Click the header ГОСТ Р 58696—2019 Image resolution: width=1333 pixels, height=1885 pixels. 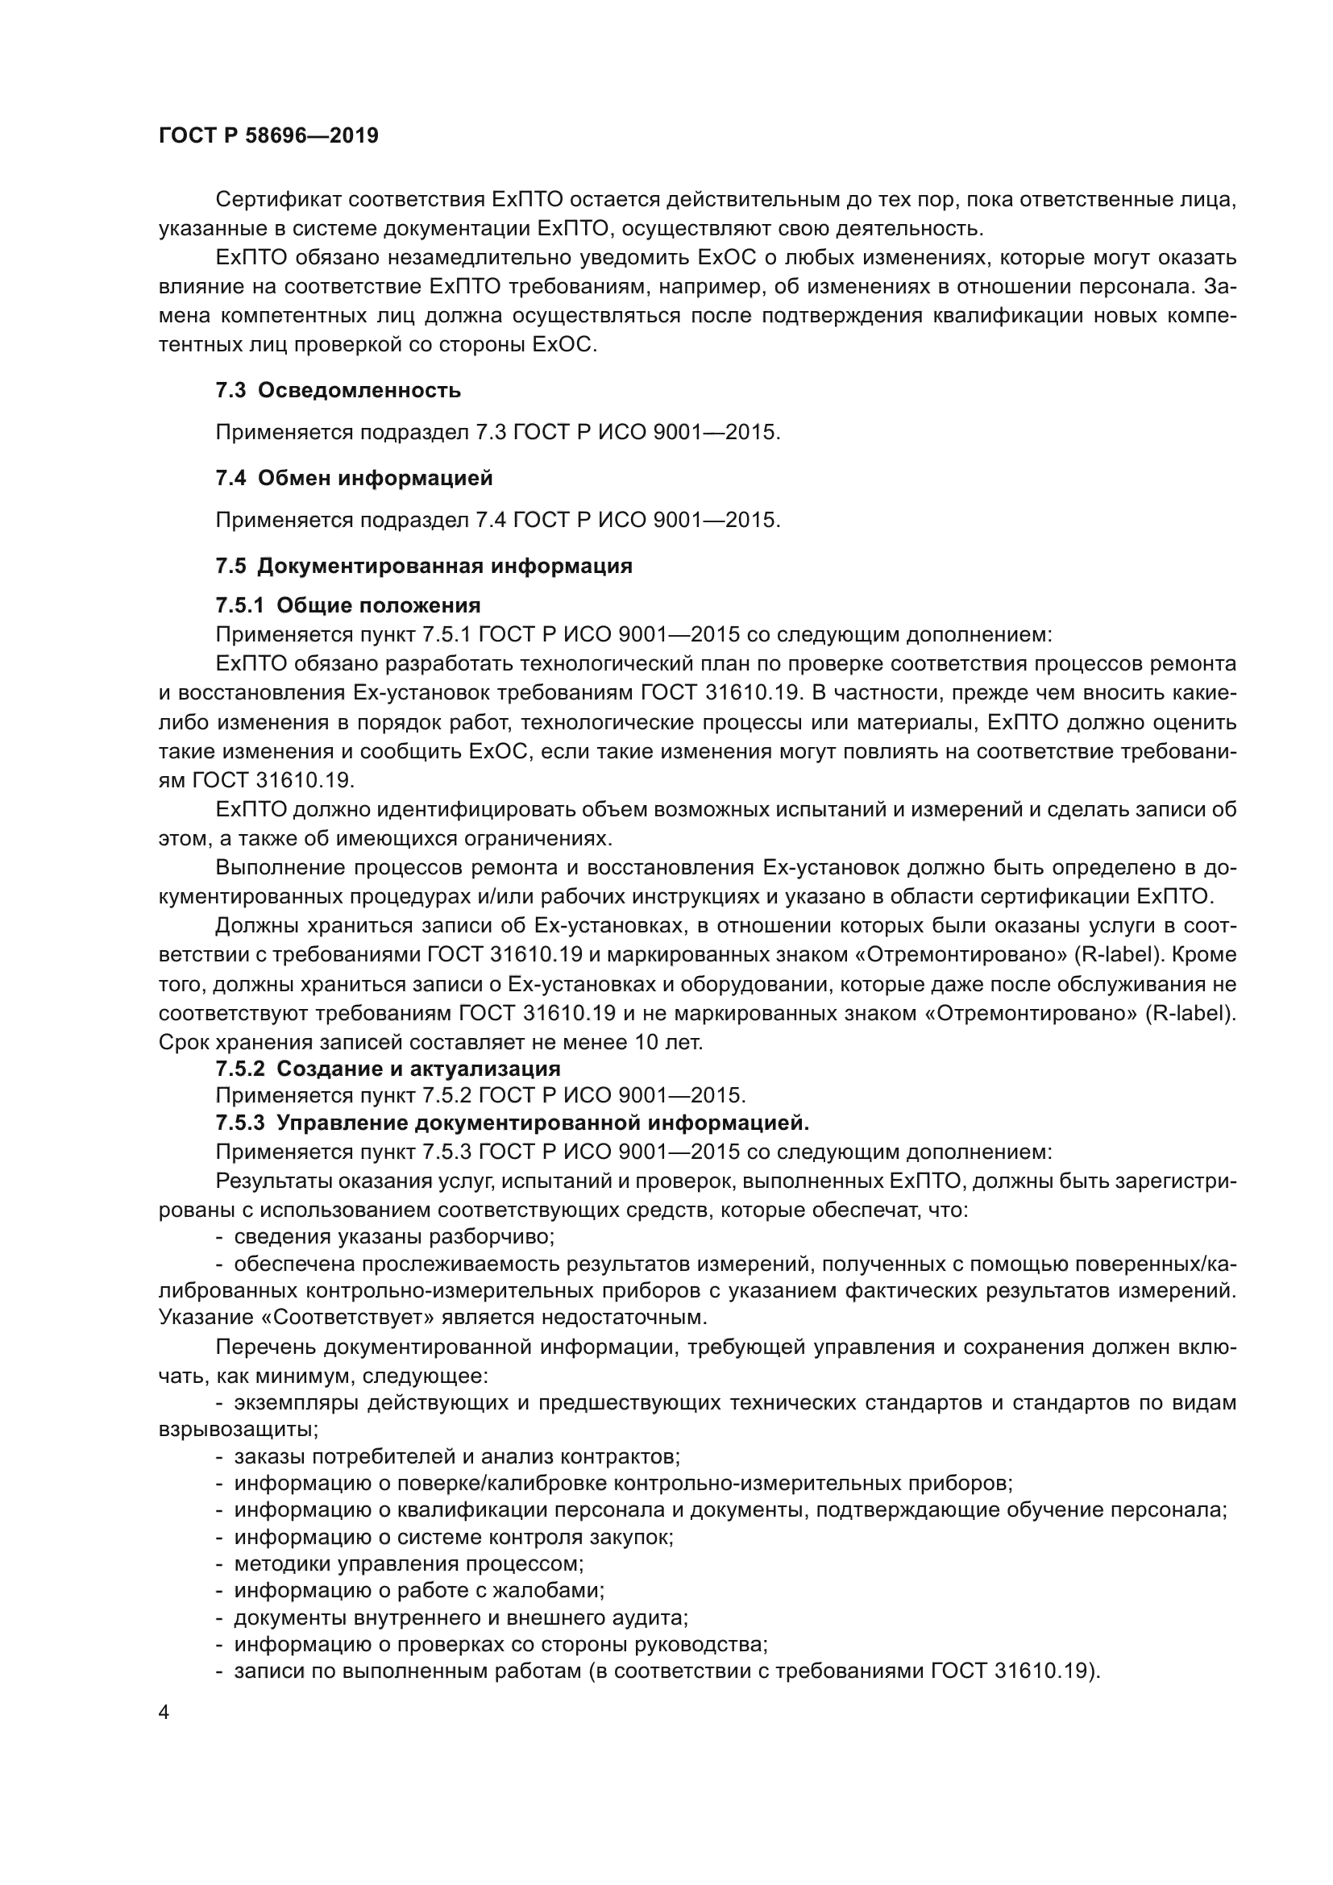268,136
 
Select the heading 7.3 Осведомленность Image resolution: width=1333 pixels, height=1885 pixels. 338,391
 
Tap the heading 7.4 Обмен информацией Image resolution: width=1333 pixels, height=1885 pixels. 354,478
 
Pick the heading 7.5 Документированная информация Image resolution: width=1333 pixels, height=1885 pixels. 424,566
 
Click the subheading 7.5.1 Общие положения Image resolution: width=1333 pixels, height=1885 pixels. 348,605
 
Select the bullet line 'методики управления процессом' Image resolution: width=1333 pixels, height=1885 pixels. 408,1564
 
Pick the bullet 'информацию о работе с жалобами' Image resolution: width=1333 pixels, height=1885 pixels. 418,1590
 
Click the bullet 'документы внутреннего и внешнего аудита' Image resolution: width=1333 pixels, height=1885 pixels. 460,1617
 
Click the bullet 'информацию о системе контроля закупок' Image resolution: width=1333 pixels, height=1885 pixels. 453,1537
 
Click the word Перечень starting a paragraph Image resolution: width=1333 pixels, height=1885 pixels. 264,1347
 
